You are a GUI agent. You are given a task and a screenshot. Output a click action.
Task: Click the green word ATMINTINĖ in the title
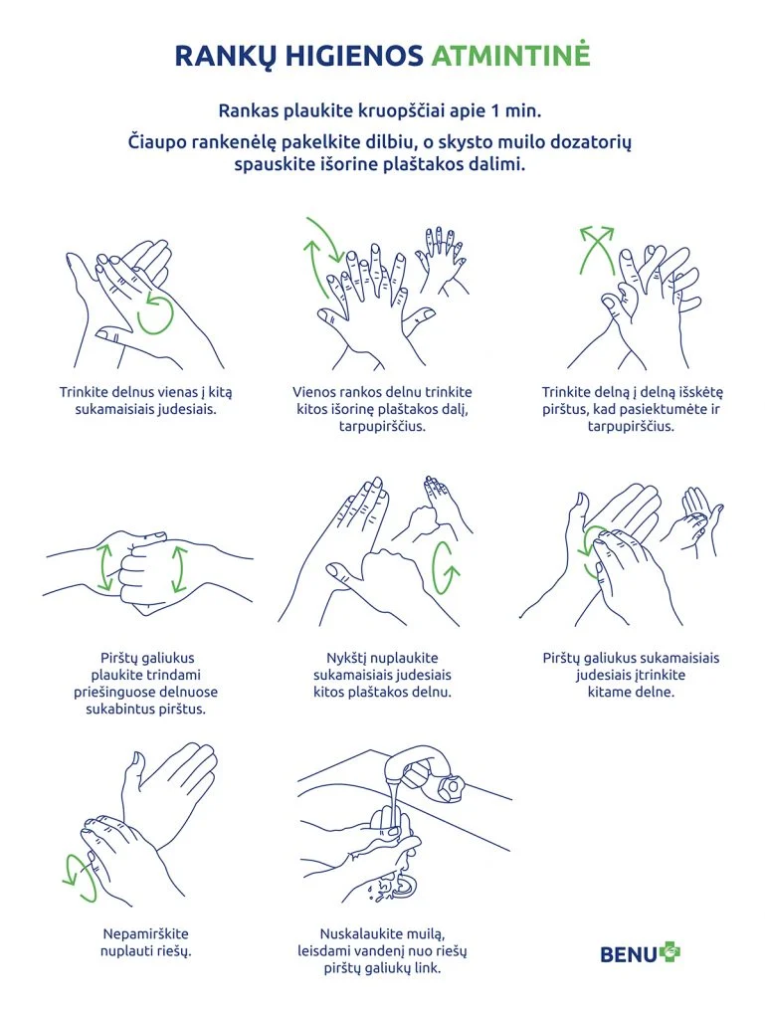tap(510, 56)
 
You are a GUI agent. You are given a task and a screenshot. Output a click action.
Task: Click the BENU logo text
tap(629, 954)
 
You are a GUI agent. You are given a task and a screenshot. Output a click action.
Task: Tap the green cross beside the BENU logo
tap(669, 952)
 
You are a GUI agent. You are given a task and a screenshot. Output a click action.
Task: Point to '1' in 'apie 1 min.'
tap(494, 111)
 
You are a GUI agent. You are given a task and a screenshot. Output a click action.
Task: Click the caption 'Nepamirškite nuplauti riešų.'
tap(145, 942)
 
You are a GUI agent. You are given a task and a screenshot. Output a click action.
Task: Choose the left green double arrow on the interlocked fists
tap(104, 567)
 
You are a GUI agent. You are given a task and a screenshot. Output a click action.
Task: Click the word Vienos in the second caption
tap(314, 392)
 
